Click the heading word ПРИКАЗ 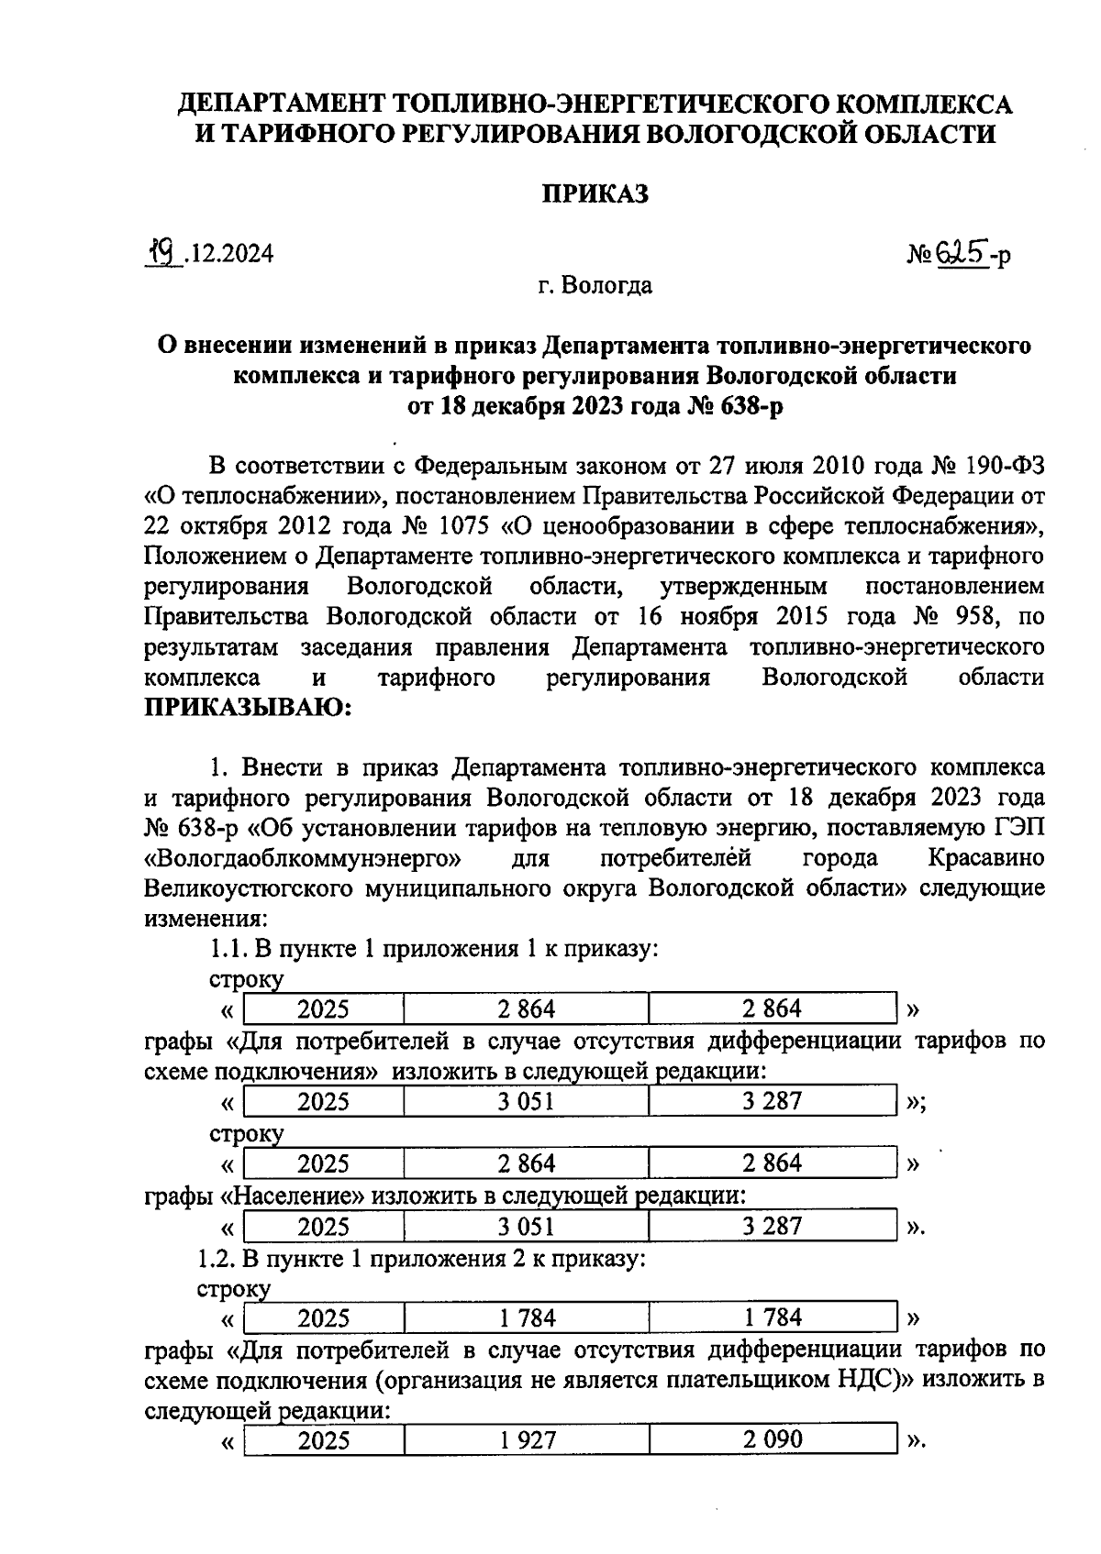click(595, 194)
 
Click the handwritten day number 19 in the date click(166, 250)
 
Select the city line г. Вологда click(595, 285)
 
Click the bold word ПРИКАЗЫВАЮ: click(248, 708)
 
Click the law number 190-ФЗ click(1003, 466)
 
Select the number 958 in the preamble click(967, 617)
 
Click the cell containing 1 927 click(527, 1440)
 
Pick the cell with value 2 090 click(772, 1440)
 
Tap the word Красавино click(985, 859)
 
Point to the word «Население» click(295, 1196)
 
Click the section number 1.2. click(216, 1259)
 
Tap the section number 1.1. click(228, 949)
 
